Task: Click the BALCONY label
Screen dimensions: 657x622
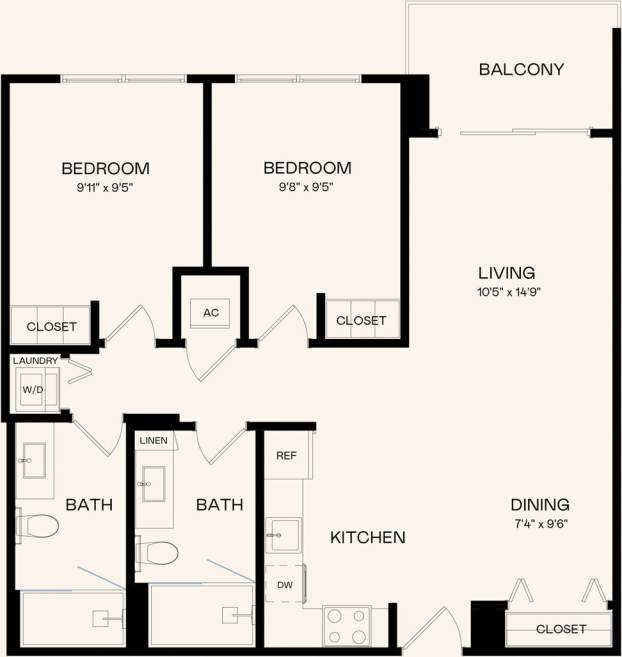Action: tap(521, 70)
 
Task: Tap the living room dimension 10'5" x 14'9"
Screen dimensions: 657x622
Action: tap(506, 292)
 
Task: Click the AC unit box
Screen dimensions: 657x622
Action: tap(211, 312)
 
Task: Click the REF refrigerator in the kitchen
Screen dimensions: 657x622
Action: tap(287, 456)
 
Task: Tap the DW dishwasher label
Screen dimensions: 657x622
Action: tap(283, 585)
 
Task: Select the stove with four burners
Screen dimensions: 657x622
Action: tap(347, 627)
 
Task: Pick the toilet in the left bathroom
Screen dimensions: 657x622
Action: tap(40, 525)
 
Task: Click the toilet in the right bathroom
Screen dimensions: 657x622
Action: tap(159, 551)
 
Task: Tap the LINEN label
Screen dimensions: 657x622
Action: tap(154, 440)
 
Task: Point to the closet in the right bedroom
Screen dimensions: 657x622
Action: tap(361, 320)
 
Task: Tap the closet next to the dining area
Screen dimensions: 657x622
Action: tap(560, 629)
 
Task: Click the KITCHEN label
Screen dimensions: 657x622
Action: tap(368, 538)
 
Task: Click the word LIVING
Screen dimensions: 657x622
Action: tap(506, 272)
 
